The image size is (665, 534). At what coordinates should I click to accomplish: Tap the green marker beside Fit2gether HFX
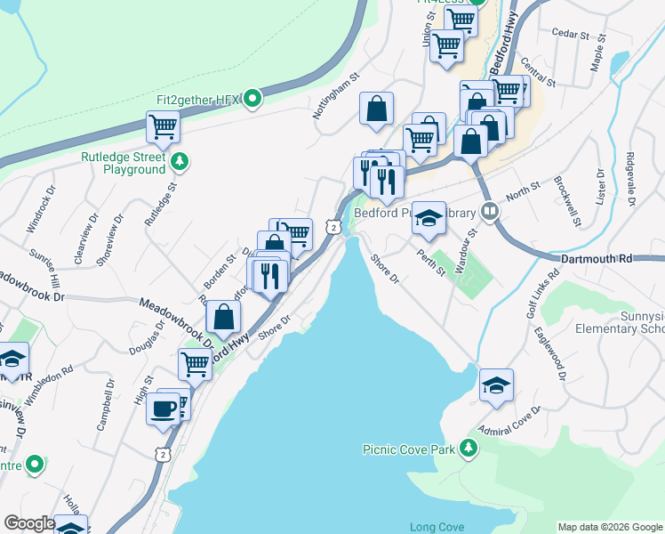coord(252,98)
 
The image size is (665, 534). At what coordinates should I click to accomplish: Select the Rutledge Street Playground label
coord(124,163)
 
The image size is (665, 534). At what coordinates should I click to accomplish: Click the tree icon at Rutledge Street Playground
coord(180,161)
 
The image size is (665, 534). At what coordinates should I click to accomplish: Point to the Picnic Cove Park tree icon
coord(469,449)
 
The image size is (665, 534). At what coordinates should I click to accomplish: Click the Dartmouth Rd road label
coord(596,258)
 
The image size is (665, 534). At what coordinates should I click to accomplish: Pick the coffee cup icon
coord(164,409)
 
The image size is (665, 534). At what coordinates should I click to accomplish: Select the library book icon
coord(488,212)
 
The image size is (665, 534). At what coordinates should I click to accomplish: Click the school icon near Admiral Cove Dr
coord(496,384)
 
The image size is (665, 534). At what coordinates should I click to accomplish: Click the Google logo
coord(28,523)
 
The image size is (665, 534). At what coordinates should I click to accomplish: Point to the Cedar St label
coord(571,34)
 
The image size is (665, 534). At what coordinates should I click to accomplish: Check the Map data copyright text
coord(610,527)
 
